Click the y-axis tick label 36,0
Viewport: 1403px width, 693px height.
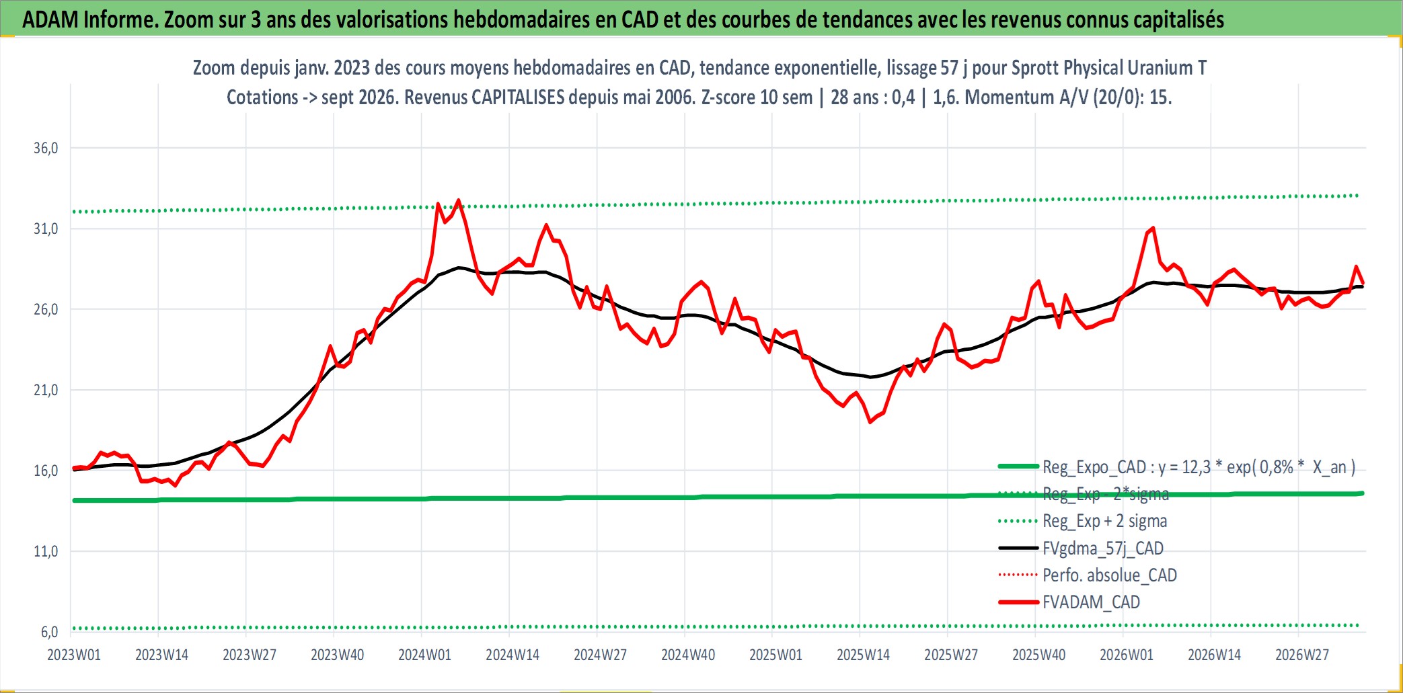point(46,148)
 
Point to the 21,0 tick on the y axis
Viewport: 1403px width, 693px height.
point(46,390)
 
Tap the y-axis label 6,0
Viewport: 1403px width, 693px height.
point(50,632)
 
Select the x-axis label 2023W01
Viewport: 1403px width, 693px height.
point(74,655)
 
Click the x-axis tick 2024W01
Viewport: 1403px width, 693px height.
point(425,655)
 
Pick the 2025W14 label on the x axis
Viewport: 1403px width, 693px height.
point(864,655)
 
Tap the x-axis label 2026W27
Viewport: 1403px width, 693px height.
point(1302,655)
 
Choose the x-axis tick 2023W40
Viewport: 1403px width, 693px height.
point(337,655)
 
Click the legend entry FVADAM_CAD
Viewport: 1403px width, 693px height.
point(1091,602)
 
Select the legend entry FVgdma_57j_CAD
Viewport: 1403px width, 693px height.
point(1103,548)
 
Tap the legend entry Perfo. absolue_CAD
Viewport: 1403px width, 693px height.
point(1110,575)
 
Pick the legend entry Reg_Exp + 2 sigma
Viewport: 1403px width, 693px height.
point(1105,521)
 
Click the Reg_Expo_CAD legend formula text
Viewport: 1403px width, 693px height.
point(1199,467)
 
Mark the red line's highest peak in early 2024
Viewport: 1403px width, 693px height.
point(459,200)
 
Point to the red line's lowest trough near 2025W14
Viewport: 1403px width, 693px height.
point(870,422)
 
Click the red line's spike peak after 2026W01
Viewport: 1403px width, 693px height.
point(1153,228)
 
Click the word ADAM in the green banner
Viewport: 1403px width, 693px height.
point(50,19)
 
